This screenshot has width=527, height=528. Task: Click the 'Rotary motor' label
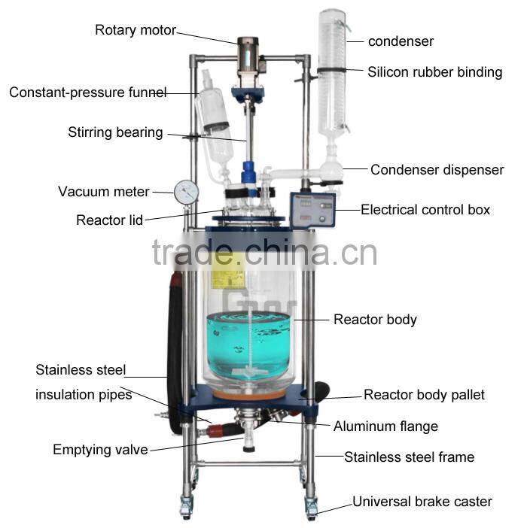[x=135, y=31]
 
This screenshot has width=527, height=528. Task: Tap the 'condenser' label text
[x=401, y=41]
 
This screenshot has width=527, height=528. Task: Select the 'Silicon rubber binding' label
[x=434, y=72]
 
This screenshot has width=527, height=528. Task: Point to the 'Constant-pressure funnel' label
[x=88, y=93]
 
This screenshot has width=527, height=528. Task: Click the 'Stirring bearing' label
[x=115, y=132]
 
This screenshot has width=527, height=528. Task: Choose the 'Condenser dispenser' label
[x=437, y=170]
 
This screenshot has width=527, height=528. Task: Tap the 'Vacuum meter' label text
[x=104, y=192]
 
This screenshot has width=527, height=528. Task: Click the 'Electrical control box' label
[x=425, y=210]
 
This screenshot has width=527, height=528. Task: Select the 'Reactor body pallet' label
[x=424, y=395]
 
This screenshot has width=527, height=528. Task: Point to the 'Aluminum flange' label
[x=385, y=426]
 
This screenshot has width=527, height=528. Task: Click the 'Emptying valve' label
[x=100, y=450]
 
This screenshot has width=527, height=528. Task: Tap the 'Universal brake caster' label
[x=422, y=502]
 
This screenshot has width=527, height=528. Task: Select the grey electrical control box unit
[x=312, y=210]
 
